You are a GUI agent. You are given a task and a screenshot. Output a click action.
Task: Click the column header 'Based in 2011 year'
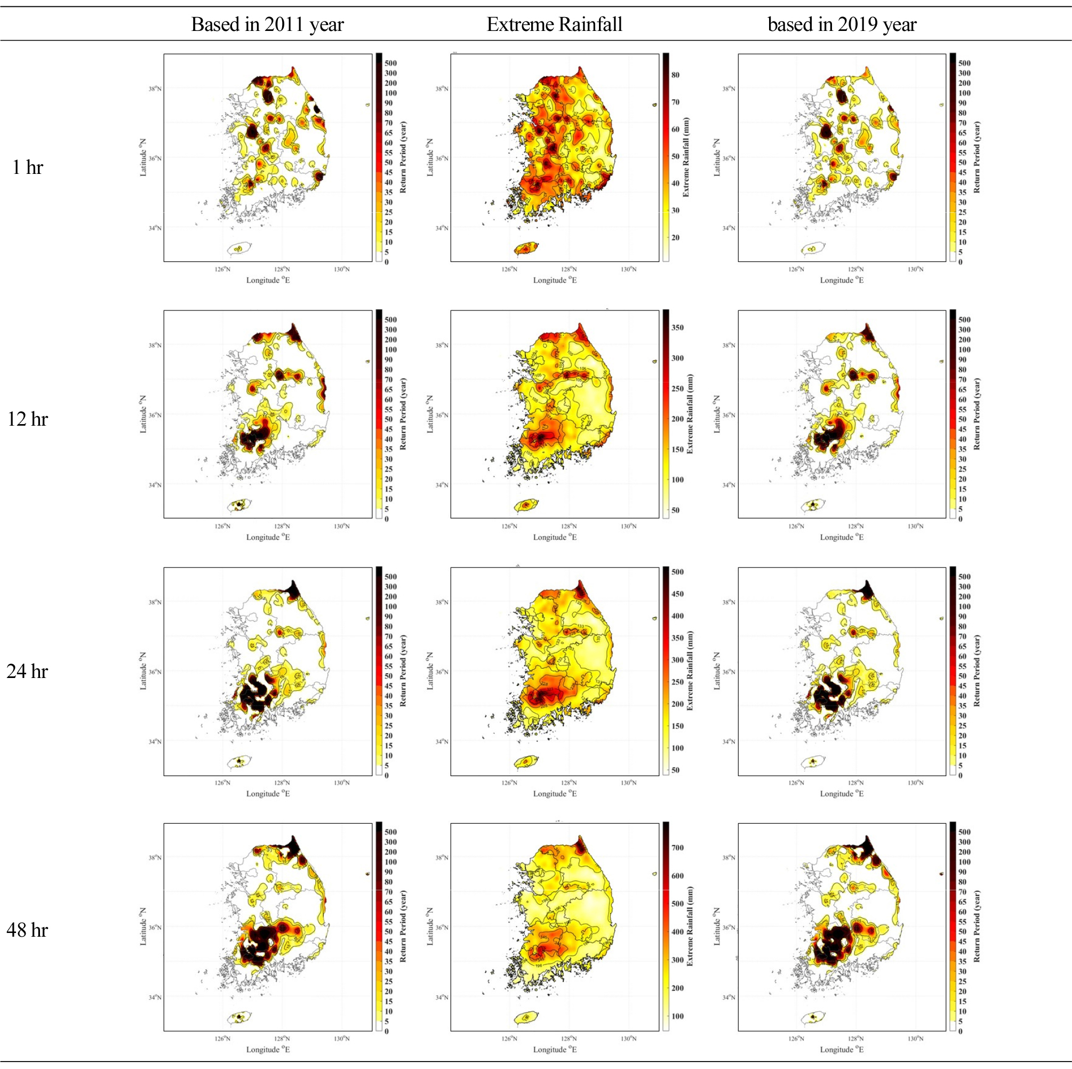[x=267, y=25]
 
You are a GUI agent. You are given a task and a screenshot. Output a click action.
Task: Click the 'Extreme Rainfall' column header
[x=554, y=25]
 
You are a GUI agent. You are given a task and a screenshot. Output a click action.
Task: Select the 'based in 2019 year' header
[x=842, y=25]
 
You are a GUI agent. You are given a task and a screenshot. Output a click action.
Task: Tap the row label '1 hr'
[x=27, y=167]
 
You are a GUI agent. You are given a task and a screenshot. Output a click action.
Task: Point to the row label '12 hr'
[x=27, y=419]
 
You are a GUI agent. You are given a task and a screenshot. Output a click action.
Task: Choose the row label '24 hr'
[x=27, y=671]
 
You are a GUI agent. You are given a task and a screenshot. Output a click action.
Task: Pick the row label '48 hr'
[x=27, y=930]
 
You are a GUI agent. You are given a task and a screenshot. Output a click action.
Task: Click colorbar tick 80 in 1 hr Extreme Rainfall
[x=675, y=75]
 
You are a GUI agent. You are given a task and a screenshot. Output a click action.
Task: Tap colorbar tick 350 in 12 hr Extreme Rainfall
[x=677, y=328]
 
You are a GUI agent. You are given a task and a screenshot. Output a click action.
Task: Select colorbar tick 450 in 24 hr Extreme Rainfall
[x=677, y=594]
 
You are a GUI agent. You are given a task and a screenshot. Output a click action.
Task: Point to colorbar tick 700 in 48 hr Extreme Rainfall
[x=677, y=848]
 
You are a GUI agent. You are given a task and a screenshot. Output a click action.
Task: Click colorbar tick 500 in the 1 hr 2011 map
[x=390, y=63]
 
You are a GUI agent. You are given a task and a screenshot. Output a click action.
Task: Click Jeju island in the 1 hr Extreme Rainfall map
[x=526, y=248]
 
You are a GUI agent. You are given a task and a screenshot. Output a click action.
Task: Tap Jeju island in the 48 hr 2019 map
[x=814, y=1017]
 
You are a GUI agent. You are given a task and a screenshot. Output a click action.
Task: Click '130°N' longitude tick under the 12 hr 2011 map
[x=342, y=526]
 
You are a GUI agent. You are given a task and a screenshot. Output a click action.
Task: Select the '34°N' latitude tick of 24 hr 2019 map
[x=729, y=741]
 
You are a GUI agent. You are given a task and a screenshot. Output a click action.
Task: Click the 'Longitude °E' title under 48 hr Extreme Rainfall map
[x=555, y=1050]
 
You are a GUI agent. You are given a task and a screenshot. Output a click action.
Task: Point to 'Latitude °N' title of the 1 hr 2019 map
[x=717, y=158]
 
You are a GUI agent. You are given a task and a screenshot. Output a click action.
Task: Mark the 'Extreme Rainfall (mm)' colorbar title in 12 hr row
[x=690, y=414]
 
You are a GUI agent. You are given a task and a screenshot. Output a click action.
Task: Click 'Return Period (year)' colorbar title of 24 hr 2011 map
[x=403, y=671]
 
